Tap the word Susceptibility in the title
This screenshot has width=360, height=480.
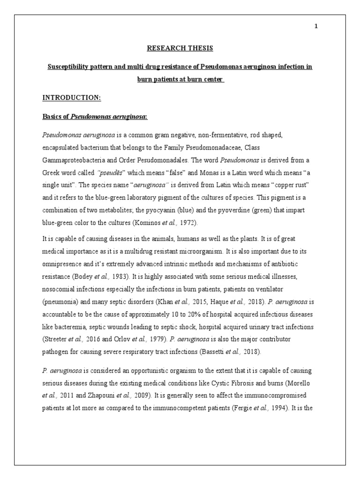[70, 67]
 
